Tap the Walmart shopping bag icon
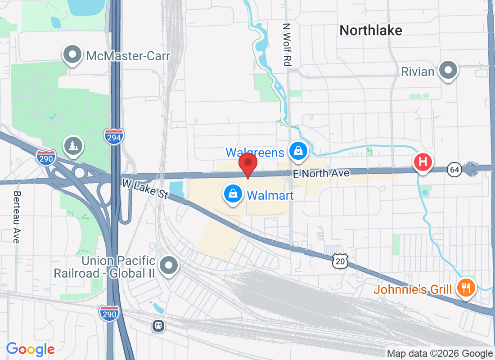233,194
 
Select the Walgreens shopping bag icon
298,152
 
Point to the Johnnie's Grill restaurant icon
467,287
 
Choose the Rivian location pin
448,71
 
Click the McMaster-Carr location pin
72,55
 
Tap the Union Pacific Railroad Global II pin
169,265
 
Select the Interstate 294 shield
114,137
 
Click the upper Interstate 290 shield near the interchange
46,157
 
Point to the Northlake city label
371,30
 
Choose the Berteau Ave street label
17,217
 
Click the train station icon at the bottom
158,325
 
